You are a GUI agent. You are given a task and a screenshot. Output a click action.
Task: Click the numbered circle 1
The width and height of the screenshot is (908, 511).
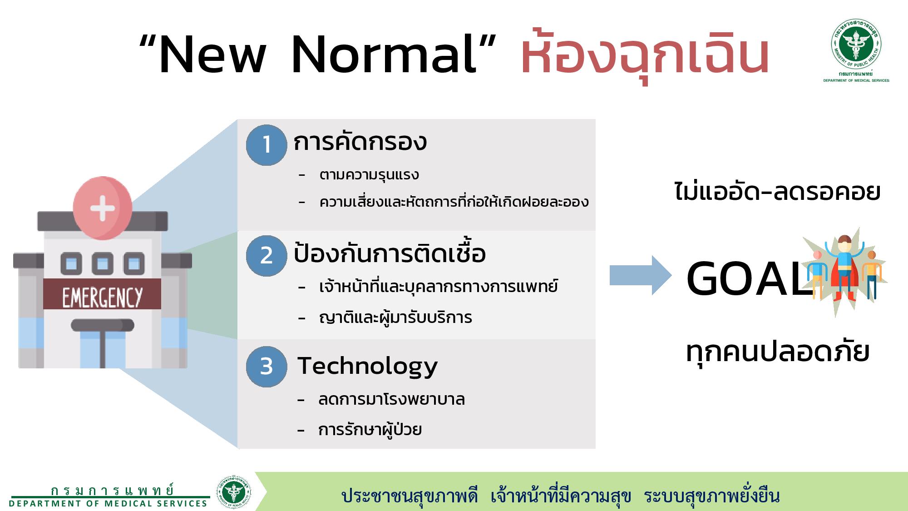point(266,145)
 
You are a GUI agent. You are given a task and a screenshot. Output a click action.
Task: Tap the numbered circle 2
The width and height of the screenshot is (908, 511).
point(266,256)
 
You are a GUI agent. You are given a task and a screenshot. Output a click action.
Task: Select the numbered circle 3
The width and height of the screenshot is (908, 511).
point(266,367)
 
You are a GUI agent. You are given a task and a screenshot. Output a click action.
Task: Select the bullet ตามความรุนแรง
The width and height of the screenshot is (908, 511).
point(369,175)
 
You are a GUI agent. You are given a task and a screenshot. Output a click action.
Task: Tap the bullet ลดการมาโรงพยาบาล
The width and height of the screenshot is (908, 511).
point(391,399)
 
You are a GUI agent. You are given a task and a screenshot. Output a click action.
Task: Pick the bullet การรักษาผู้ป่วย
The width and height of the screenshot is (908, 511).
point(370,429)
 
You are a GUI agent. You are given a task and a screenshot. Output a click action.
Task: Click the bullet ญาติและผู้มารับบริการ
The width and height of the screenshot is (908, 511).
point(395,317)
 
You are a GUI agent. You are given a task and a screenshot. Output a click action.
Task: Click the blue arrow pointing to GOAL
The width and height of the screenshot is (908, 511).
point(641,275)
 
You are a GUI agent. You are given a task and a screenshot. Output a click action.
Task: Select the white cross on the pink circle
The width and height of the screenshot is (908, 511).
point(103,208)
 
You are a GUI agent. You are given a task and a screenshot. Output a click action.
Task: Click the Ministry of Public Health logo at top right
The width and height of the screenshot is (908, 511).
point(856,50)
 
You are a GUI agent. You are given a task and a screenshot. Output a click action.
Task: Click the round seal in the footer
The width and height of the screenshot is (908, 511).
point(234,492)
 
